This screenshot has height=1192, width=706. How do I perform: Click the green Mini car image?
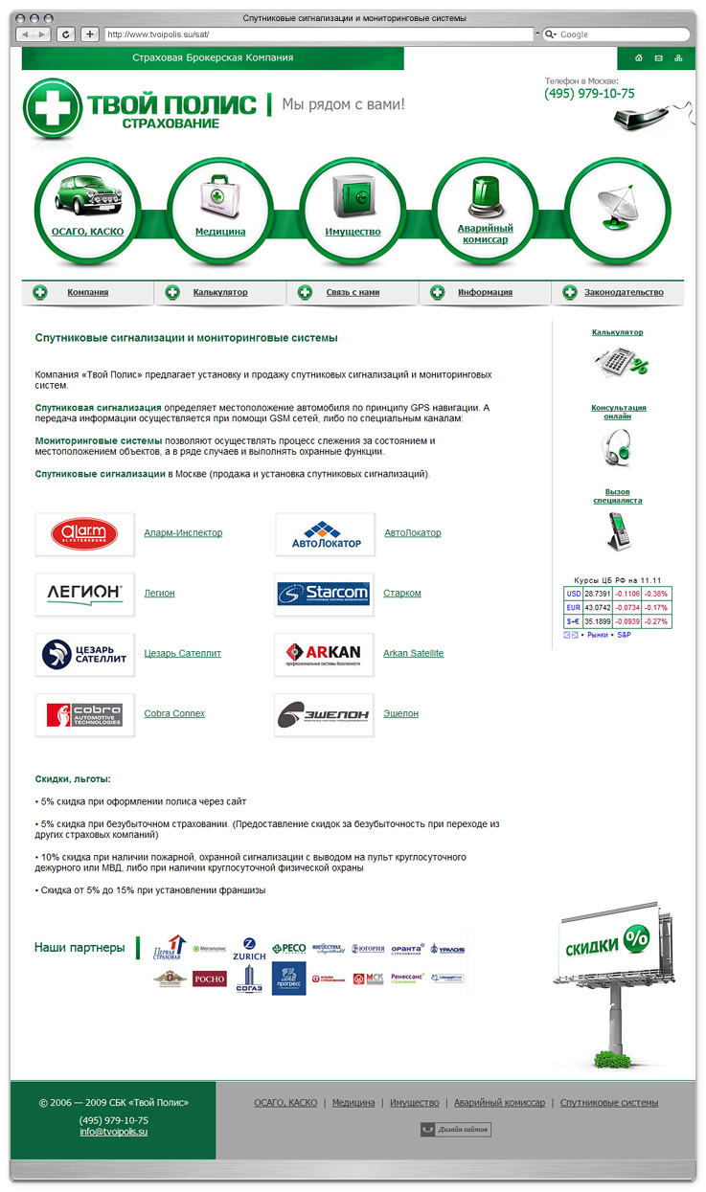[x=86, y=195]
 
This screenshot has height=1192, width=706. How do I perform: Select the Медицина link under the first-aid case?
[x=220, y=232]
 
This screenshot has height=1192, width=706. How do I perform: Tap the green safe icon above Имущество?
[x=352, y=197]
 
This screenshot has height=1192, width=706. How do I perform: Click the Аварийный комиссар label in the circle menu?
[x=485, y=234]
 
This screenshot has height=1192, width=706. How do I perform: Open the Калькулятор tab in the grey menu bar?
[x=219, y=292]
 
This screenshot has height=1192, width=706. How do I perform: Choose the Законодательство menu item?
[x=624, y=292]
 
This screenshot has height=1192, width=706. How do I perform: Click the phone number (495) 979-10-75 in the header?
[x=589, y=94]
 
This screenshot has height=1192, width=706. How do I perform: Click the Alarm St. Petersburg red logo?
[x=84, y=533]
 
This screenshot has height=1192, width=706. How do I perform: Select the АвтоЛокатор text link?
[x=413, y=533]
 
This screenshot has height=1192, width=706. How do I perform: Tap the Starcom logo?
[x=324, y=594]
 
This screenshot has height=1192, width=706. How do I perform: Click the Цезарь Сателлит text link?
[x=182, y=654]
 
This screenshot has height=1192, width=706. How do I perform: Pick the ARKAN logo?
[x=324, y=654]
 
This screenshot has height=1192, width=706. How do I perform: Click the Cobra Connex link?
[x=174, y=714]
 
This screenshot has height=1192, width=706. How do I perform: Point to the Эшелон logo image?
[x=324, y=714]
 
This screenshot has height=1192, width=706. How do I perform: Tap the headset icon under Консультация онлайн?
[x=618, y=445]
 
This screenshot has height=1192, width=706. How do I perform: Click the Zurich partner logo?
[x=249, y=949]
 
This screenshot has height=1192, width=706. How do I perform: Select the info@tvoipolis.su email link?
[x=113, y=1132]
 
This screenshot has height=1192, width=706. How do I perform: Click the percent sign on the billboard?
[x=635, y=939]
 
